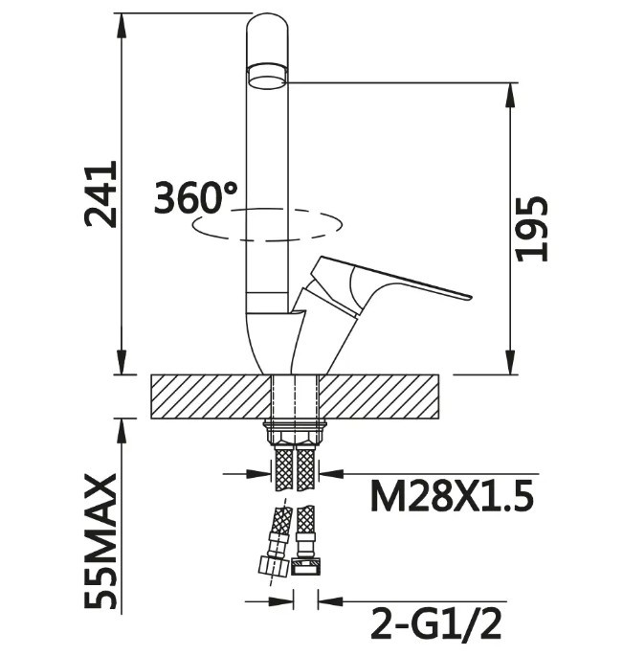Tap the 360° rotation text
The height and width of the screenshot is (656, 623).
coord(195,198)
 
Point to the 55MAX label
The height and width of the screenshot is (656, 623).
coord(100,541)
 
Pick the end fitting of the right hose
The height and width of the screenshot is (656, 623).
coord(306,566)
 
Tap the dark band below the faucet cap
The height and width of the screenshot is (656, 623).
coord(267,75)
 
